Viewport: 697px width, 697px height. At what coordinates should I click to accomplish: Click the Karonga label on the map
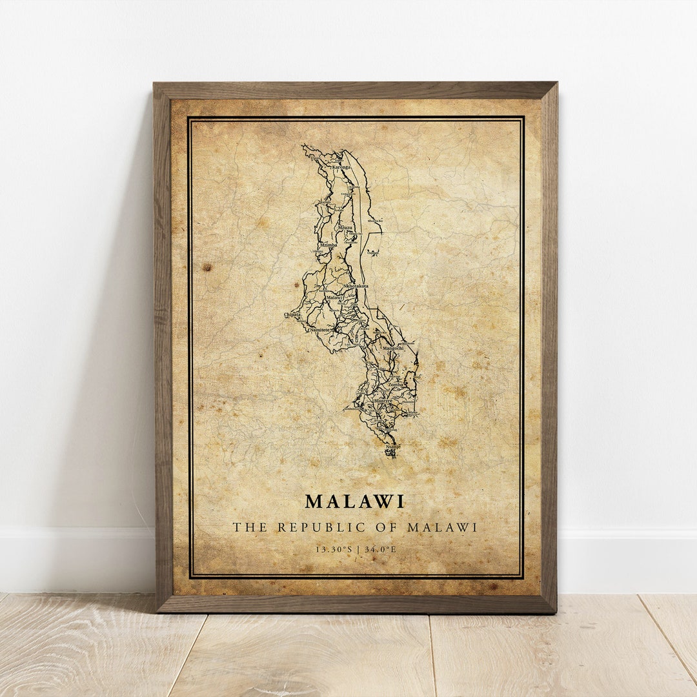(x=341, y=167)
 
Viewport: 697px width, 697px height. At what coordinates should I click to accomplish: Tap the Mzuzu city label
(x=345, y=228)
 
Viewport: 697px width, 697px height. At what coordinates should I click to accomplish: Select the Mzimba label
(x=328, y=245)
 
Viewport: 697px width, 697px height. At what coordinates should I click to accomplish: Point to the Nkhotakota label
(x=356, y=286)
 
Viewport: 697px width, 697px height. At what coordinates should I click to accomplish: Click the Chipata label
(x=292, y=315)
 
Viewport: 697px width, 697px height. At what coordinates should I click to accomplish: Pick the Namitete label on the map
(x=319, y=330)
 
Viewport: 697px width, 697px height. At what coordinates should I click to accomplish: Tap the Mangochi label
(x=393, y=348)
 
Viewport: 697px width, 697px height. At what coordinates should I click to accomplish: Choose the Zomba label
(x=395, y=385)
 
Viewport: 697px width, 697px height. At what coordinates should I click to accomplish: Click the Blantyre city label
(x=383, y=401)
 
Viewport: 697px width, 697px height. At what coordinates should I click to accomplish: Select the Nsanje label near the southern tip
(x=393, y=446)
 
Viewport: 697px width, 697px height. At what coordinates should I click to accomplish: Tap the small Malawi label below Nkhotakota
(x=334, y=298)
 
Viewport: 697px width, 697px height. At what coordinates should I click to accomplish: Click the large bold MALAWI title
(x=354, y=501)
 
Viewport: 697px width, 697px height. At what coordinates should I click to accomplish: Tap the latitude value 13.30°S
(x=334, y=549)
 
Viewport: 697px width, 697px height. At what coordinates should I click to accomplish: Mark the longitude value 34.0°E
(x=380, y=549)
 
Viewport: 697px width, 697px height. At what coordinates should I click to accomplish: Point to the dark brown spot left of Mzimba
(x=207, y=267)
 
